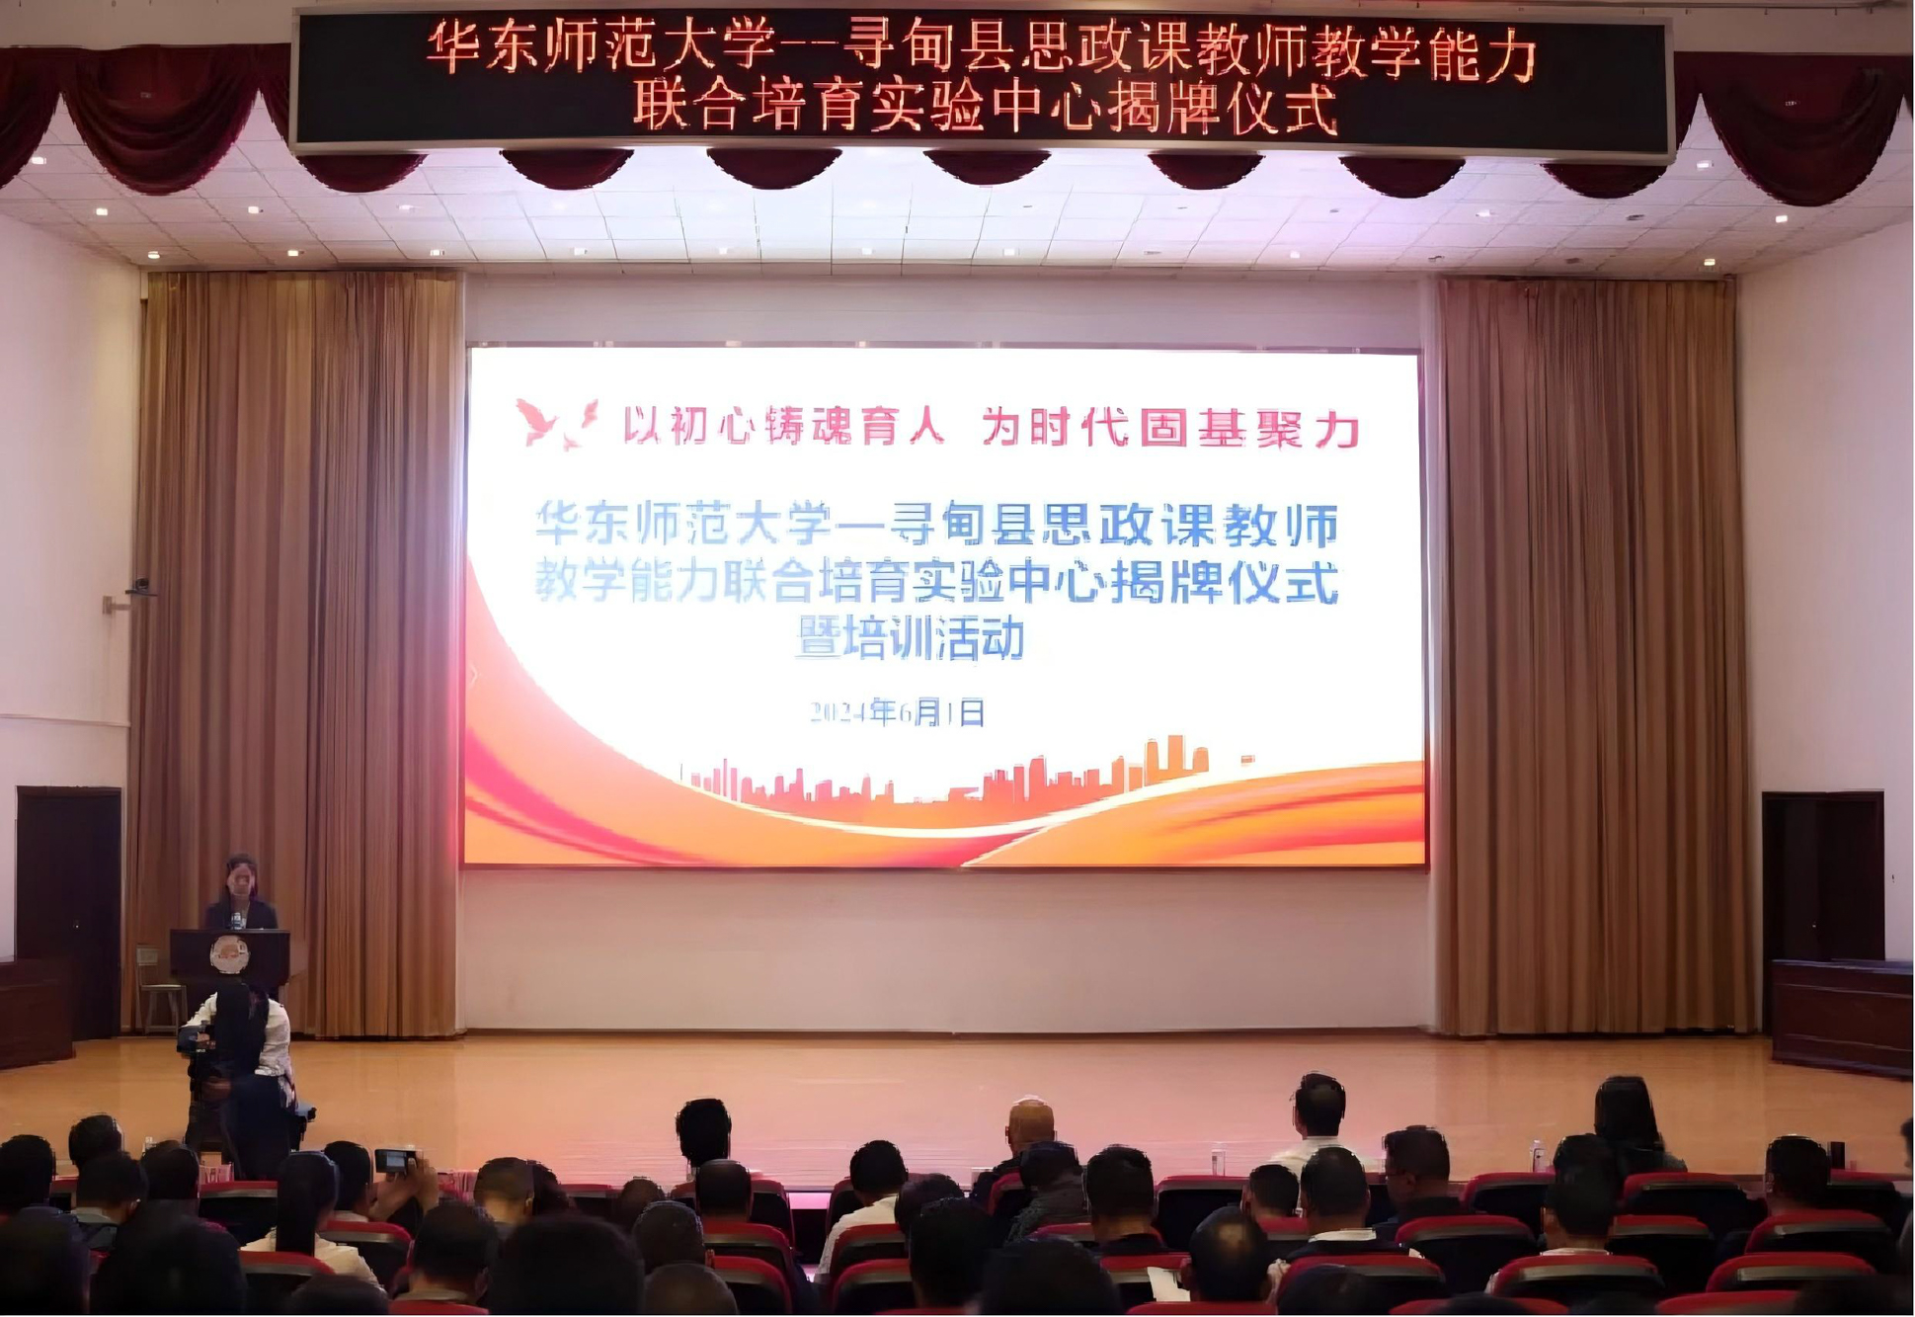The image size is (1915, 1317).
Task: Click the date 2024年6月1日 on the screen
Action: (898, 712)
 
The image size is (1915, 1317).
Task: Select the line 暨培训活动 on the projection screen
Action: (910, 639)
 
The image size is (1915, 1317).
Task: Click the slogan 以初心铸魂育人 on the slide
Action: (784, 427)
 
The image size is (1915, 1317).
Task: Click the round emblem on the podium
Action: (229, 954)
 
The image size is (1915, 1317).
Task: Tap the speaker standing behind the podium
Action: (241, 893)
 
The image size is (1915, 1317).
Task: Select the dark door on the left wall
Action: (68, 912)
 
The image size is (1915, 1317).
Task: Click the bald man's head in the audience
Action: (1030, 1123)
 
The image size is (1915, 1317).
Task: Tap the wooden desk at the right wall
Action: (1842, 1017)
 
